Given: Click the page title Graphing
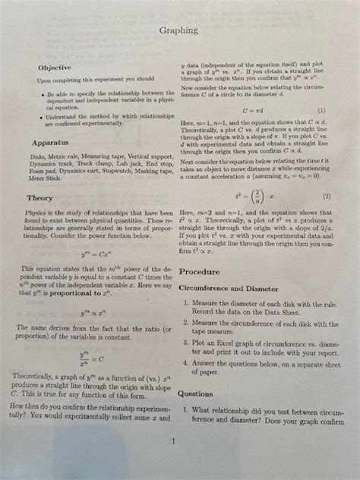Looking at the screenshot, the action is (179, 30).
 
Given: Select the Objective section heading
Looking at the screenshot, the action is (55, 68).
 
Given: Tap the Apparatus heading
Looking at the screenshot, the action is (51, 142).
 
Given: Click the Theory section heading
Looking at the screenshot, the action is (43, 200).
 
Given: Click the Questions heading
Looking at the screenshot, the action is (195, 394).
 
